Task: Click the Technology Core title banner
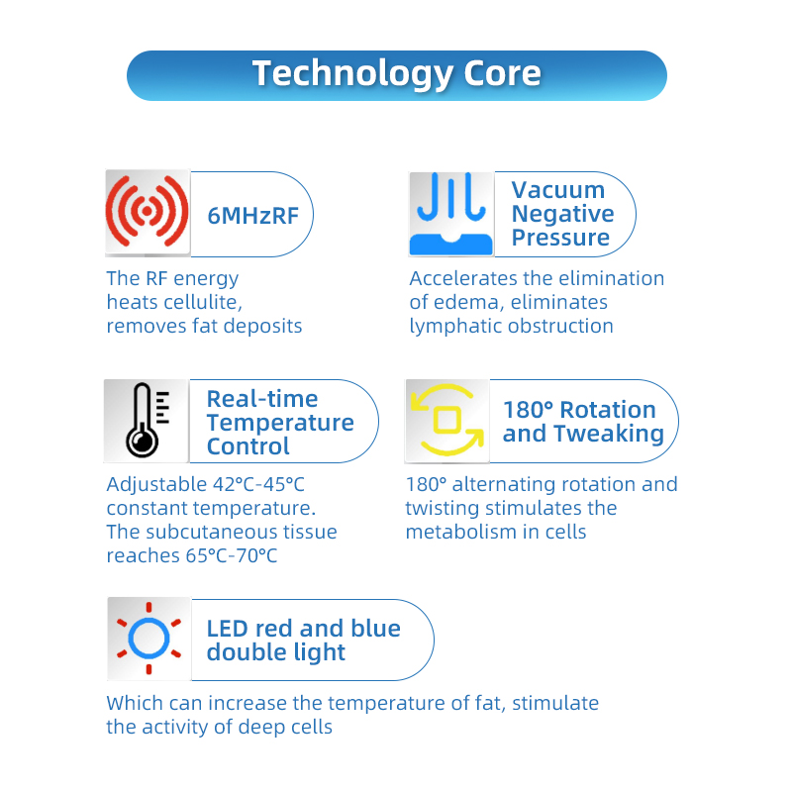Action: (x=396, y=74)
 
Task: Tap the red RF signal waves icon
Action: (x=147, y=213)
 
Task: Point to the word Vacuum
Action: (x=558, y=190)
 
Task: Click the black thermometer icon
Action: (x=147, y=421)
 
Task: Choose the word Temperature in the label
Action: (x=280, y=423)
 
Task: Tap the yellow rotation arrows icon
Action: (x=446, y=421)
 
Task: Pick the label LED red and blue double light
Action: (x=303, y=641)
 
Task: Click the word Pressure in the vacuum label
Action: (x=560, y=238)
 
